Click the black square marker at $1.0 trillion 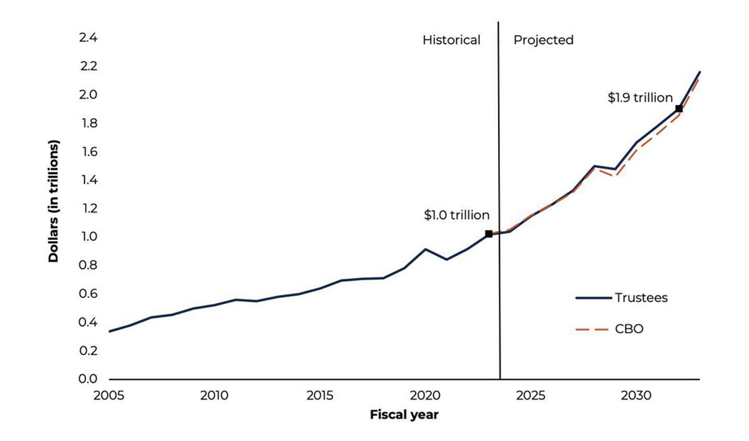click(x=489, y=234)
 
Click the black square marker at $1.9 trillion click(x=678, y=109)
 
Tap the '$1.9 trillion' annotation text click(x=640, y=97)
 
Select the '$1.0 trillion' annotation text click(x=457, y=215)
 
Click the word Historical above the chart click(x=451, y=40)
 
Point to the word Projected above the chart click(x=543, y=40)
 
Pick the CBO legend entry click(x=629, y=329)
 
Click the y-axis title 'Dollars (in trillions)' click(x=54, y=201)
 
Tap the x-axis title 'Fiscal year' click(x=404, y=414)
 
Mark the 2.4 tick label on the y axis click(x=89, y=38)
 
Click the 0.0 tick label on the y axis click(x=89, y=379)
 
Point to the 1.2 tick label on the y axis click(x=89, y=209)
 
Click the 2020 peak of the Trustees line click(x=425, y=249)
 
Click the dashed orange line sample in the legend click(x=592, y=329)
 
